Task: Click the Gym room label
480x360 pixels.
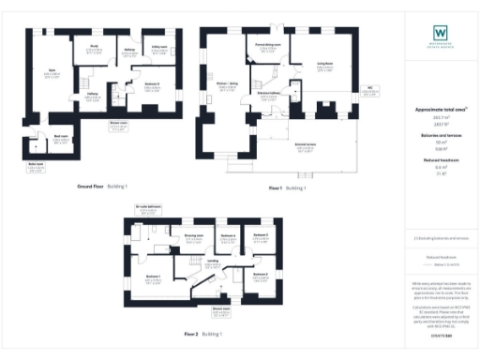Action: [x=53, y=71]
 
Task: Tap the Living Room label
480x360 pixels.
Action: [x=326, y=66]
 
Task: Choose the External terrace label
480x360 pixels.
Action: [x=304, y=143]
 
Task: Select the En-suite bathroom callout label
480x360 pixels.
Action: [x=148, y=208]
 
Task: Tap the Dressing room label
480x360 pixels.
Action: [x=194, y=239]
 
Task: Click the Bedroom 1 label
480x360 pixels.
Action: [x=153, y=277]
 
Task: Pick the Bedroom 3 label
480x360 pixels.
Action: [x=260, y=235]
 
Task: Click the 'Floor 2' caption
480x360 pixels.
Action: [x=191, y=334]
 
